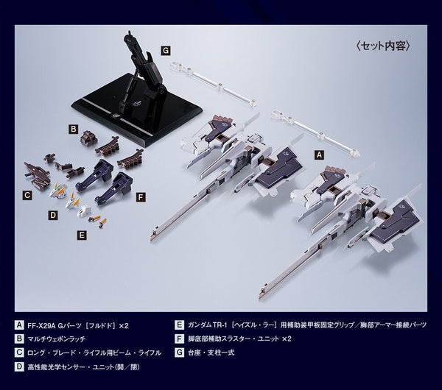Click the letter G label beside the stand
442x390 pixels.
[x=166, y=51]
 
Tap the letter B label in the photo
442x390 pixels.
[x=73, y=130]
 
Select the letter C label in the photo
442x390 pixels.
[x=27, y=195]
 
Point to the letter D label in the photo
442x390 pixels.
[x=53, y=216]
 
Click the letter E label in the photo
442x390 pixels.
[x=82, y=235]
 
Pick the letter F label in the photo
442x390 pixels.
[x=141, y=197]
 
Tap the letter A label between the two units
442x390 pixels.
[x=319, y=155]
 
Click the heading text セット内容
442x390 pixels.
[x=385, y=46]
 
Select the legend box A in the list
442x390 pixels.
[x=19, y=325]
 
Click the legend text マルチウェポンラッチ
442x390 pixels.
[x=57, y=338]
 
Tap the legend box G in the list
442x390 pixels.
[x=179, y=352]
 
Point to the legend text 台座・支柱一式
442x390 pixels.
[x=211, y=352]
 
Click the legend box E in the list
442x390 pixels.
[x=179, y=325]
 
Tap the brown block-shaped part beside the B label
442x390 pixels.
[x=87, y=139]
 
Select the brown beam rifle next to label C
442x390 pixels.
[x=37, y=175]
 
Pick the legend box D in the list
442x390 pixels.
[x=19, y=366]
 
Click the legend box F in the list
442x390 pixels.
[x=179, y=338]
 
